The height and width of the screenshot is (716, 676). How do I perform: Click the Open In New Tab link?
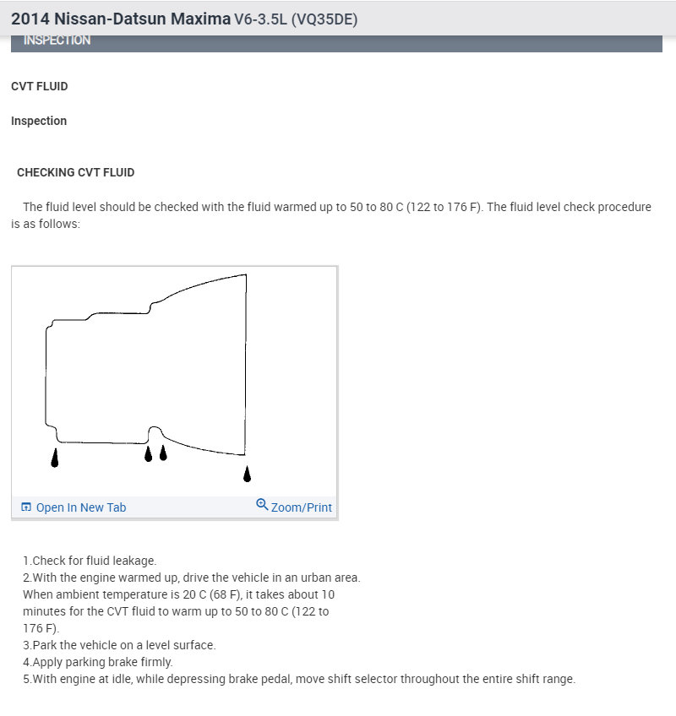[81, 507]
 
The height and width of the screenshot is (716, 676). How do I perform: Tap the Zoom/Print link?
[301, 507]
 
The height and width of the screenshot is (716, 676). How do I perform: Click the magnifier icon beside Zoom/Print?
[262, 505]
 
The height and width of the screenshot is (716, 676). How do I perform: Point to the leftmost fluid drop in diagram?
[55, 458]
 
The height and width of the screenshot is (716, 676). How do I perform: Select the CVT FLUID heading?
[39, 86]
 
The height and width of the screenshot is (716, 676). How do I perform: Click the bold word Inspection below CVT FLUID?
[39, 121]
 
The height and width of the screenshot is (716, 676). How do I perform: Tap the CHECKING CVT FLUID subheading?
[75, 172]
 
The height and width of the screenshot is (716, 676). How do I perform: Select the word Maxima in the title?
[200, 19]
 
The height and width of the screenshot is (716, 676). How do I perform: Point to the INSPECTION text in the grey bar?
[57, 40]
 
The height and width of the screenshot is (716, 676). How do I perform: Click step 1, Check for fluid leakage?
[90, 561]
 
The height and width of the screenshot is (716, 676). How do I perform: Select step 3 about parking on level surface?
[119, 645]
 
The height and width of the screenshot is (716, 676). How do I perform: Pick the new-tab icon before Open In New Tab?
[26, 507]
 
